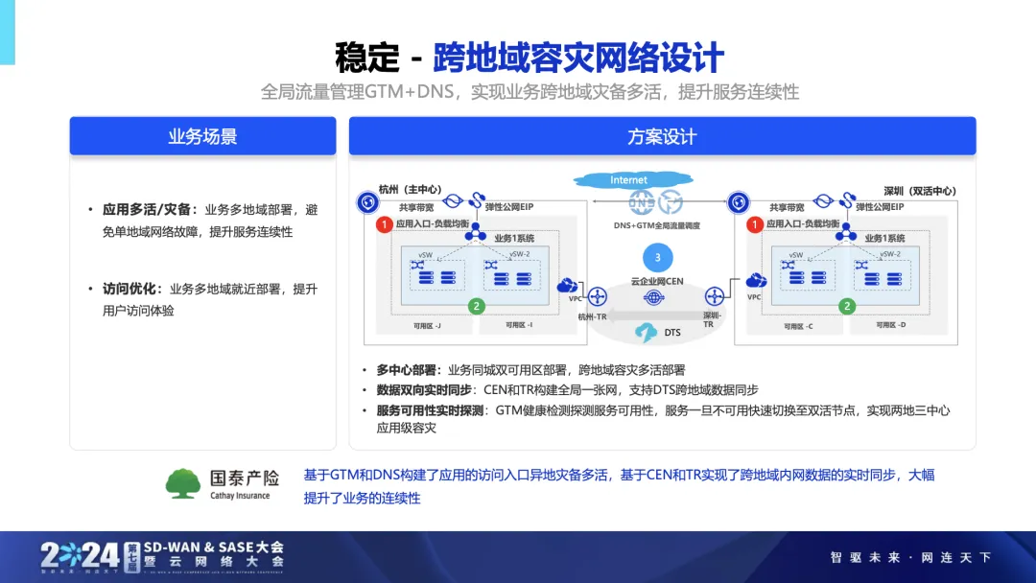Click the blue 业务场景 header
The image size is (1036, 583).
click(202, 136)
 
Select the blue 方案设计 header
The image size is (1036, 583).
click(662, 136)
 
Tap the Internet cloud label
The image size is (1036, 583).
click(628, 179)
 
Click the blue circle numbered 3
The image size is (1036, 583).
click(657, 257)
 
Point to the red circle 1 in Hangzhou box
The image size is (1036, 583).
click(383, 224)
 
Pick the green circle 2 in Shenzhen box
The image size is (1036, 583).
click(846, 306)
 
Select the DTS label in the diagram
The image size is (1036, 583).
click(672, 333)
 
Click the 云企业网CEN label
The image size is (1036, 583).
click(656, 282)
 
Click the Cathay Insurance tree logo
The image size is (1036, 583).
click(182, 482)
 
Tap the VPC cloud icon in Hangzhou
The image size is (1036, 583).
click(568, 285)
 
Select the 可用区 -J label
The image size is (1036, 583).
click(427, 326)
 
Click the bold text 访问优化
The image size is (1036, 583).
click(133, 289)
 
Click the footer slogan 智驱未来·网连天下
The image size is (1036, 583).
click(910, 557)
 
